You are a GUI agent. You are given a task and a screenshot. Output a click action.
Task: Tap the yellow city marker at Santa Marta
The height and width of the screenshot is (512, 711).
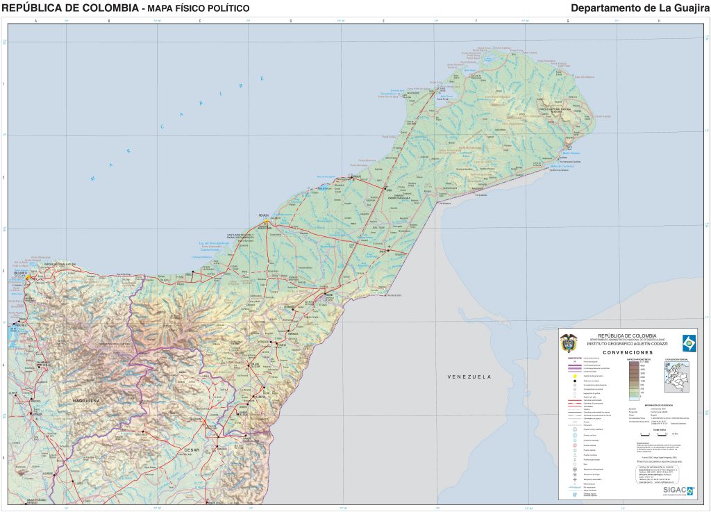click(28, 278)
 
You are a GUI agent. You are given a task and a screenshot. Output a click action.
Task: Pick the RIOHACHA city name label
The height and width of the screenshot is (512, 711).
click(263, 215)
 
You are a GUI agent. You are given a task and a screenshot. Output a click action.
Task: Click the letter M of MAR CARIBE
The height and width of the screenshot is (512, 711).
click(92, 179)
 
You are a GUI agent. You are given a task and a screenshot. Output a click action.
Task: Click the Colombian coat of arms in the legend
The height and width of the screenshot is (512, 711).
click(569, 342)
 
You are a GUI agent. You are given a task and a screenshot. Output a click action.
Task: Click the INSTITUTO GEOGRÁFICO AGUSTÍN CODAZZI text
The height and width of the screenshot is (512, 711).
click(628, 344)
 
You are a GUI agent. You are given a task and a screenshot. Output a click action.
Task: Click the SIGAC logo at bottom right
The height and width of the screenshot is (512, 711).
click(677, 490)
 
